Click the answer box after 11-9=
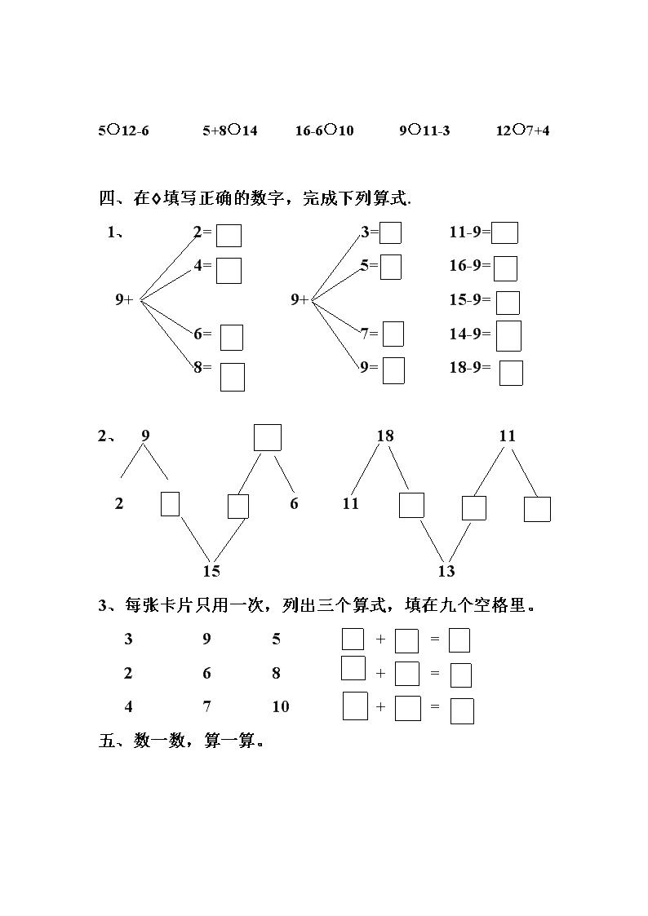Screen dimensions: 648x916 (x=504, y=232)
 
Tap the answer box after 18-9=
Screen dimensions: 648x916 (x=511, y=374)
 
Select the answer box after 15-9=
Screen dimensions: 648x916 (x=508, y=303)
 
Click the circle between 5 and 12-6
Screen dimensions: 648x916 (x=114, y=129)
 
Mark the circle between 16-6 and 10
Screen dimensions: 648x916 (x=331, y=129)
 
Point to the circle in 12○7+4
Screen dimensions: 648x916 (x=518, y=129)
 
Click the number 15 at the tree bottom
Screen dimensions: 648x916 (x=211, y=571)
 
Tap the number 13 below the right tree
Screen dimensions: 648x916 (x=446, y=571)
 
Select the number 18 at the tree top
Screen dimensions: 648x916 (x=385, y=436)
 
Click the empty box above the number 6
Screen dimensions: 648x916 (x=268, y=437)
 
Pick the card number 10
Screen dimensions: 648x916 (x=281, y=707)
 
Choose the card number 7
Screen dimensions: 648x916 (x=206, y=707)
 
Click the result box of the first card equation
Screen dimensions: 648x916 (x=459, y=640)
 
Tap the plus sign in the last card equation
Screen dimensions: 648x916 (x=380, y=707)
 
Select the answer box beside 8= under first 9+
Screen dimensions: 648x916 (x=233, y=377)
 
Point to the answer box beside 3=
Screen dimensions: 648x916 (x=391, y=232)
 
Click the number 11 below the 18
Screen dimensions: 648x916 (x=351, y=503)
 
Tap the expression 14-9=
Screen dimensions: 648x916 (x=470, y=334)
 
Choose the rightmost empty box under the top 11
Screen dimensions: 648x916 (x=537, y=509)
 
